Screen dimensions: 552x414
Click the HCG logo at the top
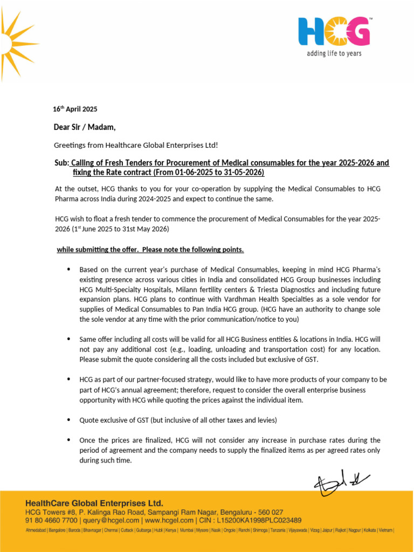(x=334, y=31)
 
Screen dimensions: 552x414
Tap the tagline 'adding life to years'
(x=334, y=53)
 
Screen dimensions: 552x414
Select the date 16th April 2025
(x=75, y=109)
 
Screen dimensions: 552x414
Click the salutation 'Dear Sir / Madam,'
(x=84, y=127)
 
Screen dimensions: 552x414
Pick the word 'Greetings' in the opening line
(x=68, y=146)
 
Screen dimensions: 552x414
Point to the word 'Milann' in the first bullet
(x=199, y=289)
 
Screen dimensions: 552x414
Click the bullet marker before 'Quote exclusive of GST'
(x=68, y=419)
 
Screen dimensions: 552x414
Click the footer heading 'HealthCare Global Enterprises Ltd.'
(x=94, y=502)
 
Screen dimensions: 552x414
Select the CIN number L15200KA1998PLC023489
(x=259, y=520)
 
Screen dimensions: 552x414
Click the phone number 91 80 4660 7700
(x=51, y=520)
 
